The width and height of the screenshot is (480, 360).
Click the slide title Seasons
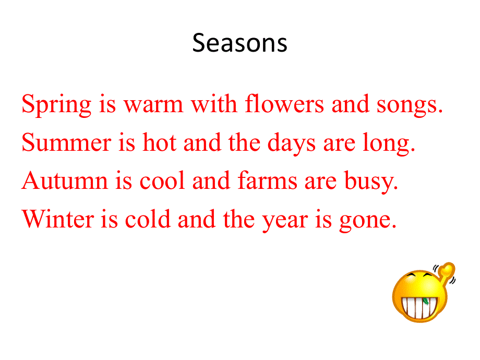239,43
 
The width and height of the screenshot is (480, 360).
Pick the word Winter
58,219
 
